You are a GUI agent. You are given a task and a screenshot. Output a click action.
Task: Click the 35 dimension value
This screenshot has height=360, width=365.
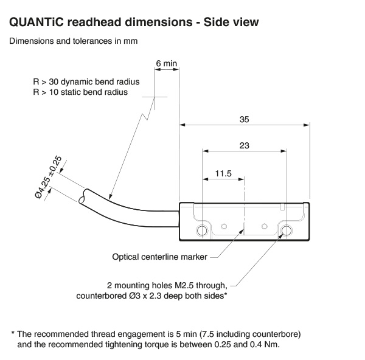244,120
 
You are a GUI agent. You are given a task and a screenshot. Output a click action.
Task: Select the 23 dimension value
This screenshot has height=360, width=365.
244,146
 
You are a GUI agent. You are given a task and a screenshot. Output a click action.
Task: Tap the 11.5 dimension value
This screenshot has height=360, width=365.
224,174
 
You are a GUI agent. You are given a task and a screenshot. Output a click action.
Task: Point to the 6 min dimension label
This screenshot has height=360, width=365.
166,63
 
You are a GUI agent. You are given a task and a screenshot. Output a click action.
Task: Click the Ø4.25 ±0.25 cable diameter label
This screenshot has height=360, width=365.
49,177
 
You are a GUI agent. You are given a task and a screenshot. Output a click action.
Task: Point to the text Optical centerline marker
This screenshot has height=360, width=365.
159,257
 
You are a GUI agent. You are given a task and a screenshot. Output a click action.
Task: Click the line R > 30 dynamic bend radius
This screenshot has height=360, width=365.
86,81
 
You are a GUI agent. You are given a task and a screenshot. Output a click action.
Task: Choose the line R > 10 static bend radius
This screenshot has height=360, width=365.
80,92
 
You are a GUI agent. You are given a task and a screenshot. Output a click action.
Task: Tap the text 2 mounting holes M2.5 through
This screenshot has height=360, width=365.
167,285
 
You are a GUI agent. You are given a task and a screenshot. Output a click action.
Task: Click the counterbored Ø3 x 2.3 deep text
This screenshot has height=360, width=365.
152,297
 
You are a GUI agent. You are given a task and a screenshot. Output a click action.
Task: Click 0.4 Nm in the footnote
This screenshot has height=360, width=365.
263,344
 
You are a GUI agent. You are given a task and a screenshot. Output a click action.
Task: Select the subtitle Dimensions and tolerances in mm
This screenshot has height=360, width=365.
73,42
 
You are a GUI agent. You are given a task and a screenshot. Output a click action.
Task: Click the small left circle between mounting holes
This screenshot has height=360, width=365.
224,226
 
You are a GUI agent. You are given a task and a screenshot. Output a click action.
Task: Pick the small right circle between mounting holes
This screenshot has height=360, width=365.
264,226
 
